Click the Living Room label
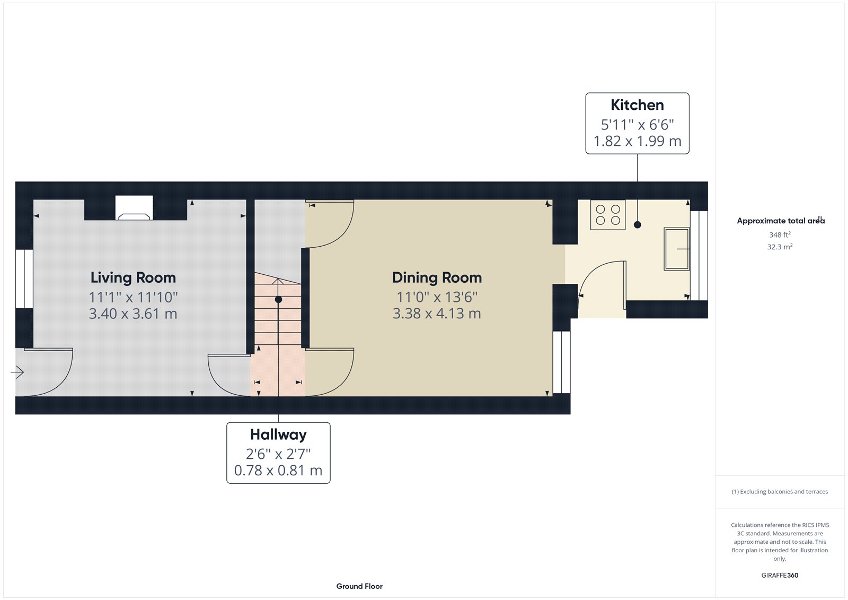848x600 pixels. [x=133, y=277]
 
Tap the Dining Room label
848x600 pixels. [x=437, y=277]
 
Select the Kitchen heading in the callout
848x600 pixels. [x=637, y=105]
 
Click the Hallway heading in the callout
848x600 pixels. [x=278, y=434]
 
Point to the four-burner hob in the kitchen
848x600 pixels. [x=608, y=215]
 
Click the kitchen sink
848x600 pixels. [x=677, y=249]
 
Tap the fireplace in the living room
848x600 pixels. [x=134, y=209]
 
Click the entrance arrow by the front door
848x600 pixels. [x=17, y=372]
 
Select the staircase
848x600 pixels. [x=278, y=313]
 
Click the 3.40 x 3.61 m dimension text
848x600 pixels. [x=133, y=314]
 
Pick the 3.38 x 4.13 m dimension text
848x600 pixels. [x=437, y=314]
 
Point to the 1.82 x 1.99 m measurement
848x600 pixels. [x=637, y=141]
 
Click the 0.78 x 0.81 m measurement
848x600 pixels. [x=278, y=471]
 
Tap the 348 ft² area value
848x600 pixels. [x=780, y=234]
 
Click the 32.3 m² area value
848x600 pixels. [x=780, y=247]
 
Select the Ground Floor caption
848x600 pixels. [x=359, y=586]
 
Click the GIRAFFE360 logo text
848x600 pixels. [x=780, y=575]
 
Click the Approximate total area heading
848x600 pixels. [x=780, y=221]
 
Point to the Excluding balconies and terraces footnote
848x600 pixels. [x=780, y=492]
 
